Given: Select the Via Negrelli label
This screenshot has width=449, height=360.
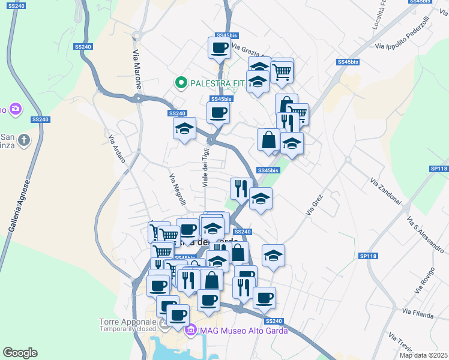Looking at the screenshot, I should click(177, 188).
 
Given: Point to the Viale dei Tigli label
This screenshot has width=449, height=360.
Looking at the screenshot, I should click(205, 167).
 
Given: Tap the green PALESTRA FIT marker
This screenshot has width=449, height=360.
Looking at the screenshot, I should click(179, 83).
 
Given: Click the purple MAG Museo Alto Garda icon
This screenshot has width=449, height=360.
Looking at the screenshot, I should click(191, 330).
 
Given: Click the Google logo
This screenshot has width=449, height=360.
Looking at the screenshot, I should click(20, 353).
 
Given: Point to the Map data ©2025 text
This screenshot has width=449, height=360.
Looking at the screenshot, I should click(423, 355).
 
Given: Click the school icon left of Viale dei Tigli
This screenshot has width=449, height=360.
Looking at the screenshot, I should click(184, 128).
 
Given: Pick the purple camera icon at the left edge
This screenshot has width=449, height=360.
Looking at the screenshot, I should click(15, 109).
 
